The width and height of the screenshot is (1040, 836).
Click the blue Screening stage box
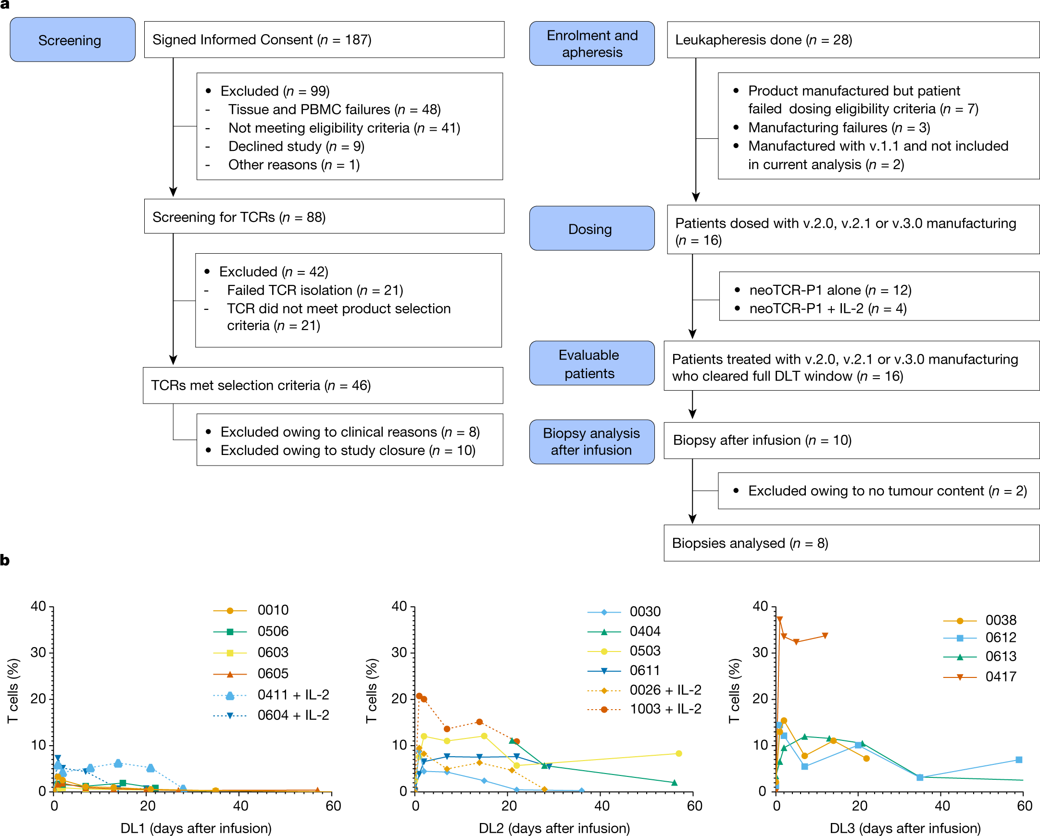coord(72,39)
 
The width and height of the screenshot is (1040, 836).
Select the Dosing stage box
coord(591,229)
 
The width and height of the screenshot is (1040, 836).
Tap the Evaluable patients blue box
coord(591,364)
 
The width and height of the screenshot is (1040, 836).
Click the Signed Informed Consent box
coord(324,39)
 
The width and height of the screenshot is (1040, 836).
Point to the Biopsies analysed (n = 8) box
coord(851,543)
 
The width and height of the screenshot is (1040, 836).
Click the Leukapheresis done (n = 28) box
coord(852,39)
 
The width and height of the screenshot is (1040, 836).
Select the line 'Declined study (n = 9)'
coord(296,146)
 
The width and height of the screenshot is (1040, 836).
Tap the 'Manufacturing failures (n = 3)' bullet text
coord(839,127)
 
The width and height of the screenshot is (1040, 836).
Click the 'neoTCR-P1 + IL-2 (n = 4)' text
coord(828,308)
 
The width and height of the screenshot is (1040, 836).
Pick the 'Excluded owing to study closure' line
coord(348,450)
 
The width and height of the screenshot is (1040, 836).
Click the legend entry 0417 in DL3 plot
coord(1001,676)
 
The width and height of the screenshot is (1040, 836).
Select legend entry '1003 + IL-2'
coord(665,709)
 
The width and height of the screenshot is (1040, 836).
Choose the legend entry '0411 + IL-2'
coord(293,695)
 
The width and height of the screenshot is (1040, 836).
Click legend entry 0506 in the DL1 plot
coord(273,631)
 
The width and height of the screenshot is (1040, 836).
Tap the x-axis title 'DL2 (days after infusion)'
coord(554,828)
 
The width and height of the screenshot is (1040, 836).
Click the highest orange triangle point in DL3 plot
coord(779,619)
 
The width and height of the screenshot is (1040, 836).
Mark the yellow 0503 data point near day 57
coord(679,753)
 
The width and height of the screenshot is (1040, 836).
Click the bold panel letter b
coord(5,560)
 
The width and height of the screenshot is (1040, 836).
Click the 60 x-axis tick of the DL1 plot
coord(333,806)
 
